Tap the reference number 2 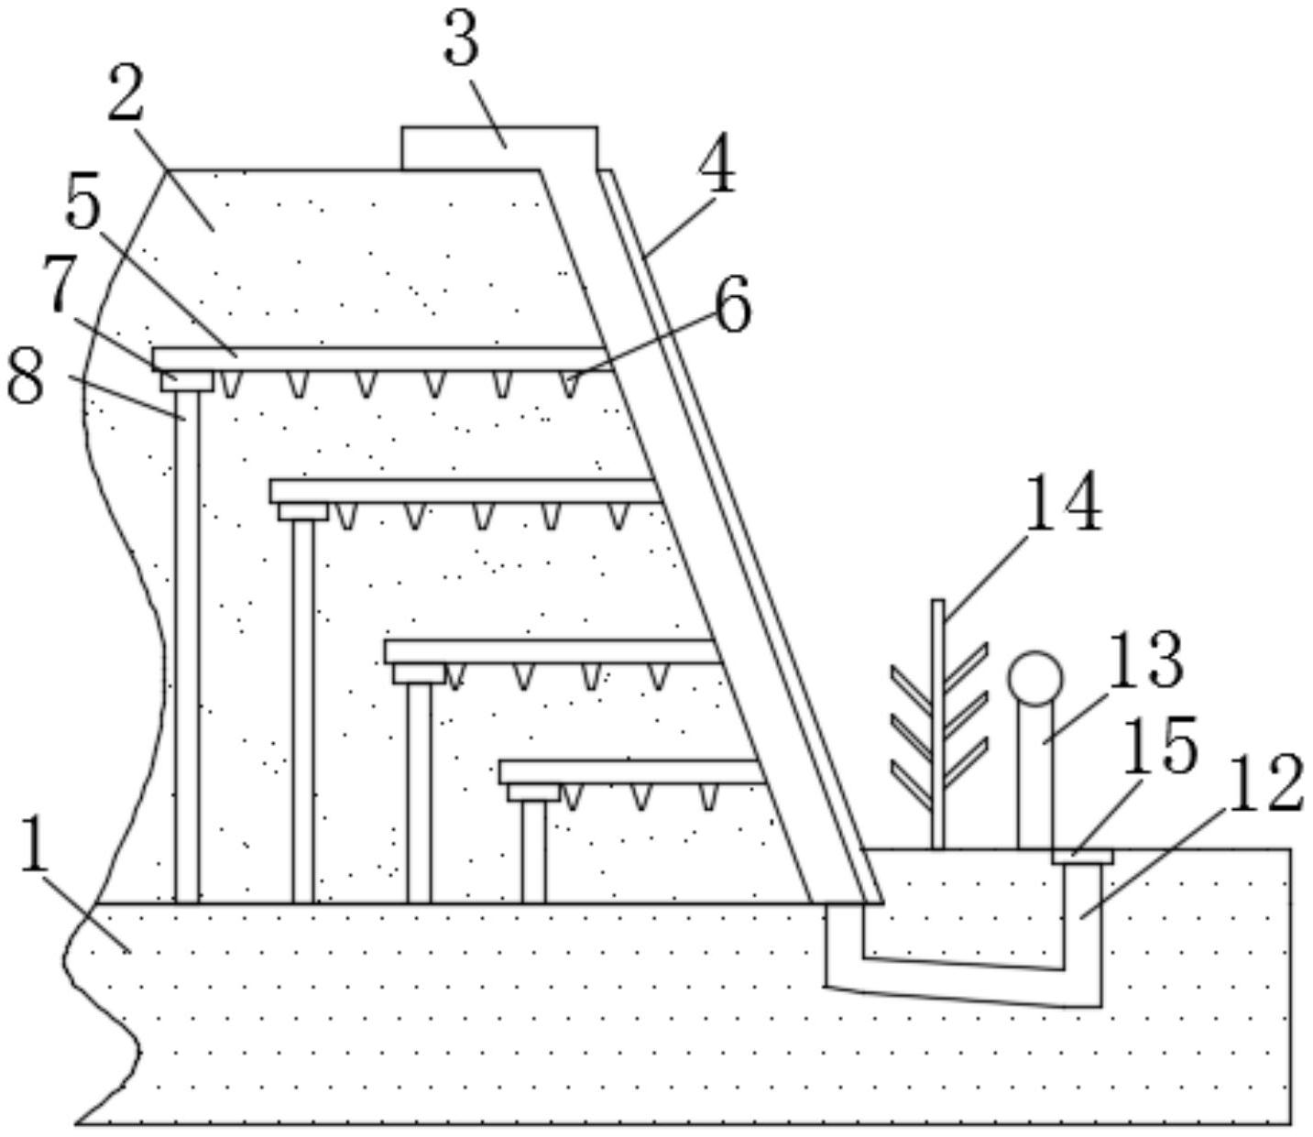(126, 97)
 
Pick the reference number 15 (1160, 745)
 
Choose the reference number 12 (1264, 783)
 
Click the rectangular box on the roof (499, 148)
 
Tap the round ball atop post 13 (1035, 678)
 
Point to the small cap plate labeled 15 (1082, 857)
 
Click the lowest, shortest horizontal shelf (632, 772)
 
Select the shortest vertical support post (533, 850)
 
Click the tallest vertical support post (187, 646)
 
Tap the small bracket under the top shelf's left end (187, 380)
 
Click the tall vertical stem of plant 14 (937, 724)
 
